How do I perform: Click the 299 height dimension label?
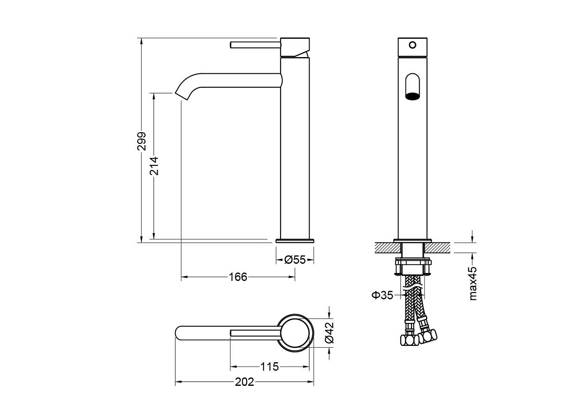pyautogui.click(x=141, y=141)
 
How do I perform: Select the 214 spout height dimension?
pyautogui.click(x=154, y=166)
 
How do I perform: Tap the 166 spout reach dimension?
pyautogui.click(x=238, y=277)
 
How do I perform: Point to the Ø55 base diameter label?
pyautogui.click(x=295, y=260)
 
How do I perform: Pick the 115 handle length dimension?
pyautogui.click(x=270, y=367)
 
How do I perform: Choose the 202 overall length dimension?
pyautogui.click(x=245, y=382)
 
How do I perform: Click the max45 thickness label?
pyautogui.click(x=473, y=283)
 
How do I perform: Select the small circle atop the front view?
pyautogui.click(x=412, y=45)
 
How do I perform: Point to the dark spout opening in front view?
pyautogui.click(x=412, y=96)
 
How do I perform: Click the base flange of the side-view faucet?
pyautogui.click(x=295, y=241)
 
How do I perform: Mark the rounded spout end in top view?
pyautogui.click(x=181, y=332)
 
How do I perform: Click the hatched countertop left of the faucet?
pyautogui.click(x=385, y=248)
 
